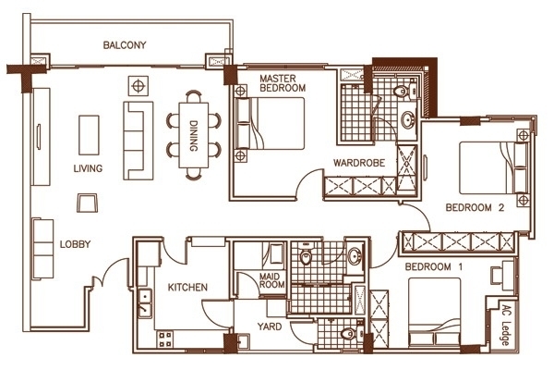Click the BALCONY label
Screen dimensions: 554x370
click(x=125, y=45)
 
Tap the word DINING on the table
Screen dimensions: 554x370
click(x=193, y=136)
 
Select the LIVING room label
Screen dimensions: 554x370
click(x=88, y=168)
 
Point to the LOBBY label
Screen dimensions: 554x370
click(x=76, y=244)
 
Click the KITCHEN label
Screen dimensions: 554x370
click(x=187, y=287)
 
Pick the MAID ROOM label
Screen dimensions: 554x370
click(x=271, y=280)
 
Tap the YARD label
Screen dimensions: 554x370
click(x=270, y=327)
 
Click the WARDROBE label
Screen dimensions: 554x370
click(x=359, y=163)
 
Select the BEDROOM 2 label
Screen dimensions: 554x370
click(x=475, y=207)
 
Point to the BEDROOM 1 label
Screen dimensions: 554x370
click(x=434, y=266)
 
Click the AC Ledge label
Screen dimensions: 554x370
click(x=506, y=326)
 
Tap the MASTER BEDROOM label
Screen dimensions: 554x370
click(x=283, y=83)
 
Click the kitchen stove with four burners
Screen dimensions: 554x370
click(x=165, y=339)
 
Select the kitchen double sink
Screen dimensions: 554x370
click(x=145, y=303)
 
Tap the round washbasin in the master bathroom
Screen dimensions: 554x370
click(x=408, y=120)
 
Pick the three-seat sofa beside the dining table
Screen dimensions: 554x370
click(x=138, y=141)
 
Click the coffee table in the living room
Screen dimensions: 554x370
click(x=89, y=135)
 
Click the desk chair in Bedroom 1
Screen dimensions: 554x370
click(x=496, y=275)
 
